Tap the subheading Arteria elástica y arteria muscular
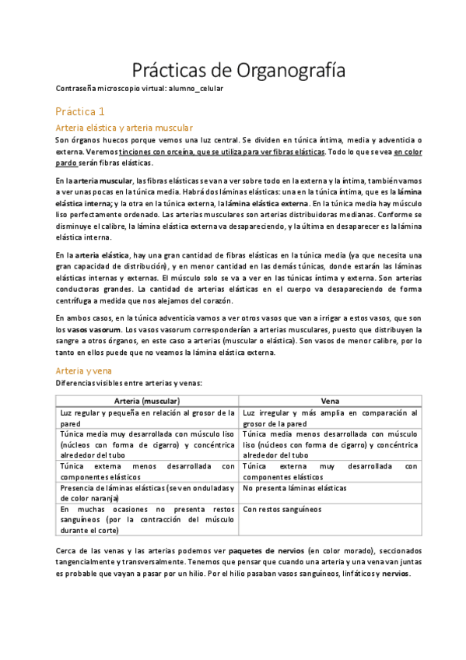(124, 128)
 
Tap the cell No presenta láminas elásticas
(295, 489)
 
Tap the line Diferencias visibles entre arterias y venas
(128, 384)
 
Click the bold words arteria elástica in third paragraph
(103, 255)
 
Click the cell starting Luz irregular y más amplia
(330, 418)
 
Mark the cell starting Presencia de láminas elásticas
(147, 493)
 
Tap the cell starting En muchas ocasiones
(147, 518)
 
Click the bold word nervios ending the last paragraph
(395, 574)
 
